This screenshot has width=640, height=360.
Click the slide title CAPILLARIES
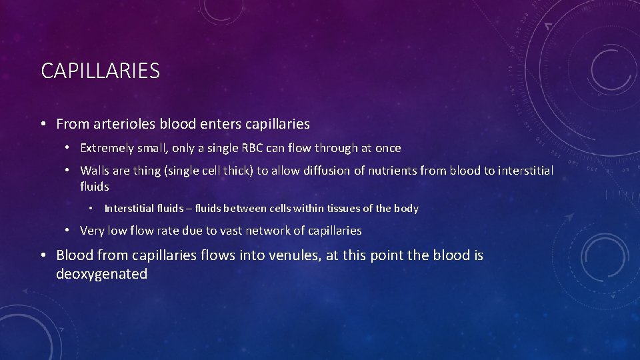[x=100, y=71]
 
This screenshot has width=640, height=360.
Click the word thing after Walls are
[x=153, y=171]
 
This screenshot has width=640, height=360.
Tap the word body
[x=406, y=209]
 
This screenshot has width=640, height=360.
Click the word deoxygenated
[x=102, y=274]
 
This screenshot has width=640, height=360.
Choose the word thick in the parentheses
[x=236, y=171]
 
